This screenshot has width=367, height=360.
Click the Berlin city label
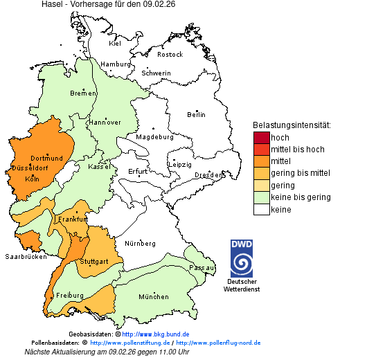[x=196, y=114]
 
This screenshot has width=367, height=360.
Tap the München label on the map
[x=154, y=297]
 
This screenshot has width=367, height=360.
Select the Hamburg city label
[x=116, y=64]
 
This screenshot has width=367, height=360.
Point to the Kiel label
[x=115, y=44]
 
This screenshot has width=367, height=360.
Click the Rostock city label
[x=170, y=55]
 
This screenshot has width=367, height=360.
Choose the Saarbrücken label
[x=26, y=256]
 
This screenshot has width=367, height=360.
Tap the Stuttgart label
[x=94, y=262]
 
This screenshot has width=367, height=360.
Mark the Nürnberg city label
[x=141, y=244]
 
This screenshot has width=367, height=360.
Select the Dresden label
[x=208, y=176]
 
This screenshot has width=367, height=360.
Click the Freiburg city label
[x=70, y=296]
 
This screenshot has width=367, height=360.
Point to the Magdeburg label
[x=154, y=137]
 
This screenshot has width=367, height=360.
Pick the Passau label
[x=202, y=267]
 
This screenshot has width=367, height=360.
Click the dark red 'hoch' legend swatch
[x=261, y=138]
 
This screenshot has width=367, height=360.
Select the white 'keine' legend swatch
[x=261, y=209]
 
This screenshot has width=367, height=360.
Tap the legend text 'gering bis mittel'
[x=300, y=173]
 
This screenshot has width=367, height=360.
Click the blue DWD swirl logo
[x=242, y=264]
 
